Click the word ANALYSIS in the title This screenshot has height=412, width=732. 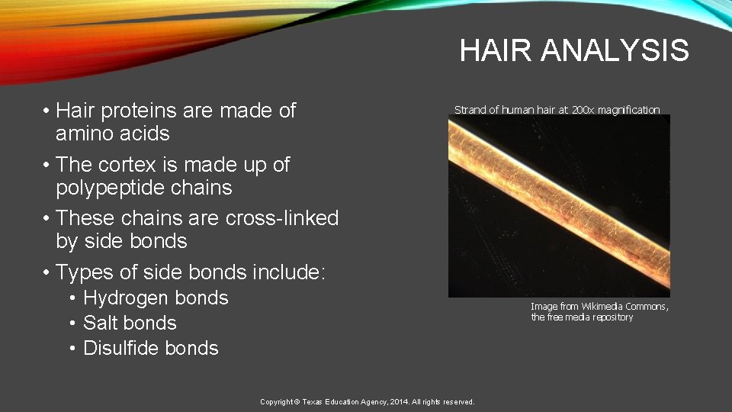coord(615,51)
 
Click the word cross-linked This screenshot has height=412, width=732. coord(282,218)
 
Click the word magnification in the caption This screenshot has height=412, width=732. coord(631,110)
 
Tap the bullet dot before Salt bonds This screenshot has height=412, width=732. coord(72,323)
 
